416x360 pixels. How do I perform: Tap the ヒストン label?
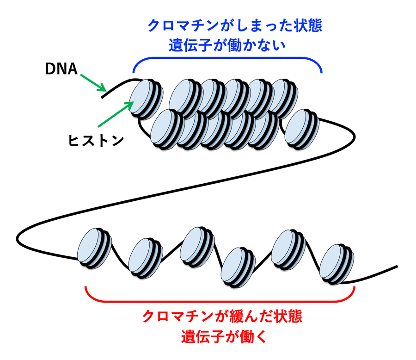[x=97, y=140]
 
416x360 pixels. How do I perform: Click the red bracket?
[x=220, y=297]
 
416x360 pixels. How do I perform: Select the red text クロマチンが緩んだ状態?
[x=222, y=317]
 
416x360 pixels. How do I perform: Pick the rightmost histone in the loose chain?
[x=336, y=263]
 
